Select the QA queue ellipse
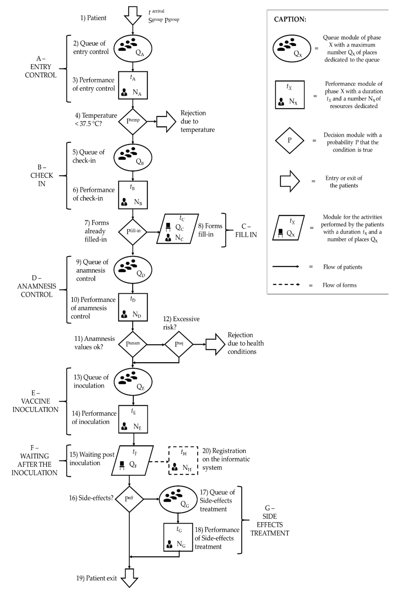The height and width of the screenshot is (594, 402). [133, 48]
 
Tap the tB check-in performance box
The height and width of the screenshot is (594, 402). [133, 195]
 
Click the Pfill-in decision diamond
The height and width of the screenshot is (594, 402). [133, 232]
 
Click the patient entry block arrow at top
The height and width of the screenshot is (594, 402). [133, 15]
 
